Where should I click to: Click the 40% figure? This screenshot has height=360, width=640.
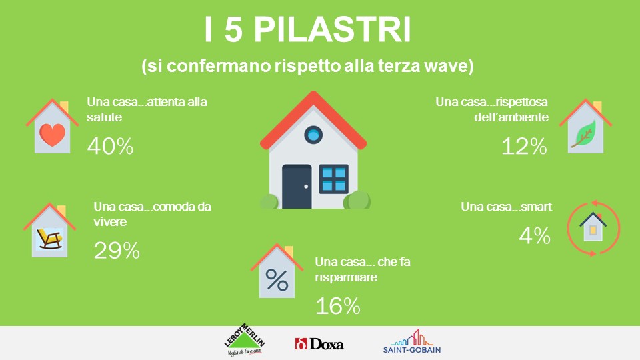pos(110,146)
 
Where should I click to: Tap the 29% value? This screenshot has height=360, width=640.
pos(117,251)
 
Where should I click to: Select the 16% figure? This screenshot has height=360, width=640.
pos(338,306)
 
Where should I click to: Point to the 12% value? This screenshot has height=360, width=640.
pos(524,146)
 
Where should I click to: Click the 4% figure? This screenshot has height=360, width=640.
pos(535,235)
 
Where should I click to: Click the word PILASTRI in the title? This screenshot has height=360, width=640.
pos(333,29)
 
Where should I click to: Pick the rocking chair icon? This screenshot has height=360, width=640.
pos(50,239)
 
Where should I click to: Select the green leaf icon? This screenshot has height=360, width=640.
pos(584,133)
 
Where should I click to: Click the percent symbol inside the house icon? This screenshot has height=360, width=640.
pos(277,280)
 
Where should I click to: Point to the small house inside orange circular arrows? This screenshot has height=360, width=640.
pos(593,227)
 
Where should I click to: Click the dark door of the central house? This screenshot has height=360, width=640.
pos(297,187)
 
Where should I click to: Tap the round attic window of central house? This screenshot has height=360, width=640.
pos(313,135)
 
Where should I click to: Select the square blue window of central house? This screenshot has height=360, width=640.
pos(333,179)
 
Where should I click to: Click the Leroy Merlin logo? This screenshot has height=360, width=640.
pos(245,340)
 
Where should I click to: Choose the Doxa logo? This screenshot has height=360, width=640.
pos(319,344)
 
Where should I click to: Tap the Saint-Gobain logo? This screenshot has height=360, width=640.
pos(412,341)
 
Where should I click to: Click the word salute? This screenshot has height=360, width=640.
pos(105,117)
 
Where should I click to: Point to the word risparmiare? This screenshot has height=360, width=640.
pos(346,277)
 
